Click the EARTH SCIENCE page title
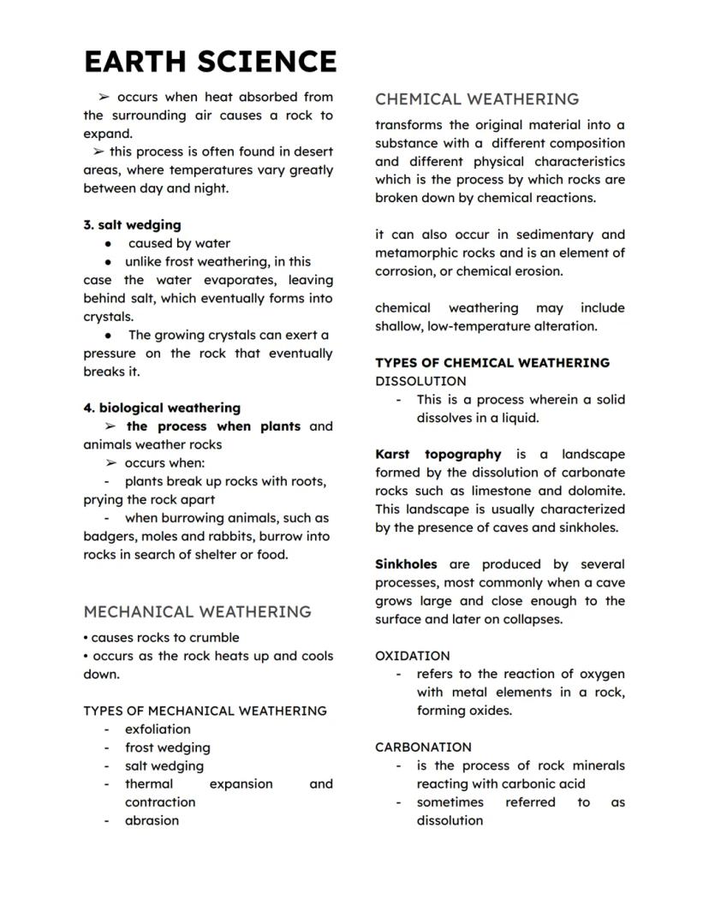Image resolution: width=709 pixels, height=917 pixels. tap(210, 62)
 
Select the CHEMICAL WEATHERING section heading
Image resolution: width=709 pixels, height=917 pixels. tap(477, 99)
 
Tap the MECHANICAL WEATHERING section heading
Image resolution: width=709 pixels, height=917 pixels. tap(197, 612)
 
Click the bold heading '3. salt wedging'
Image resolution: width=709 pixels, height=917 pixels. tap(132, 225)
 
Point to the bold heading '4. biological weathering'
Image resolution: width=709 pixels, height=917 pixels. tap(162, 408)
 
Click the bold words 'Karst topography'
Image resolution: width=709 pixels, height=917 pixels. tap(438, 455)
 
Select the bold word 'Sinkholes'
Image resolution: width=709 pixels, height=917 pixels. tap(406, 564)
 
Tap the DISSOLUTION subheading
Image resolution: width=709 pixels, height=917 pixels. tap(420, 381)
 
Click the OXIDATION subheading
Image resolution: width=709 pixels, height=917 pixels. tap(412, 656)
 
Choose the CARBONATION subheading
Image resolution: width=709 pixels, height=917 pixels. tap(423, 747)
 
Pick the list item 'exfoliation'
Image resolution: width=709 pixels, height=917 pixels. tap(158, 729)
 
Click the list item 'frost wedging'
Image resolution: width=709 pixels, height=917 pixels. tap(167, 747)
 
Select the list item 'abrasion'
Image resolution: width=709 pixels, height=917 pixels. tap(152, 820)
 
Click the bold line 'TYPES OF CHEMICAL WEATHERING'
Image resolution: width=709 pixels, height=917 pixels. tap(492, 363)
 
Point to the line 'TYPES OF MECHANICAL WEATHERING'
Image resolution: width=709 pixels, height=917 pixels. tap(205, 711)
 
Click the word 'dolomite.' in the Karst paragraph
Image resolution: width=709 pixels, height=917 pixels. tap(599, 491)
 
